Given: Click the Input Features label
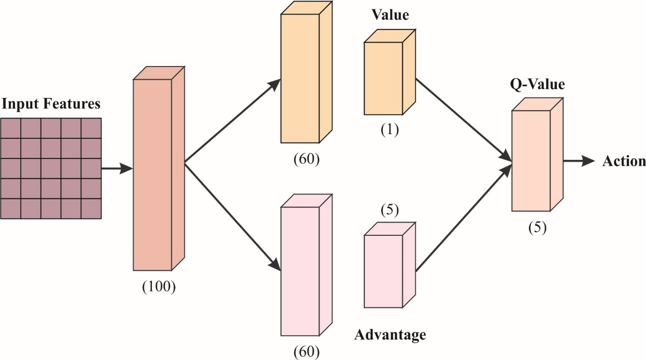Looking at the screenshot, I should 51,104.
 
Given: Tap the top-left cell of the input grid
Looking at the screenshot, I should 11,128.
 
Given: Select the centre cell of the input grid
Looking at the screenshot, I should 51,168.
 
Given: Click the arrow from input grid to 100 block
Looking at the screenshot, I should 117,168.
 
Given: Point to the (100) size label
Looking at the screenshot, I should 159,286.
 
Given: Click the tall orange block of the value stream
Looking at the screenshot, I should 300,78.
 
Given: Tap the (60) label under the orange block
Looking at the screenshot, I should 307,159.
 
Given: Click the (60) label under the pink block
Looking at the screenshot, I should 307,352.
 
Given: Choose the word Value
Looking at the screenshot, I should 390,15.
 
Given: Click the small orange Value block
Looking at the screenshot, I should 383,78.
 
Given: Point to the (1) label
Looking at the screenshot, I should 390,130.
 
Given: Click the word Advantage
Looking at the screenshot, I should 390,335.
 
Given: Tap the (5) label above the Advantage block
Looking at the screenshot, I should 390,210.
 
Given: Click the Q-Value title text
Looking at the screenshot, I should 537,84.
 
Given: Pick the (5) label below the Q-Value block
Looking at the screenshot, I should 537,228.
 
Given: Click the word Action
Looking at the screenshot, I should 624,161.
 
